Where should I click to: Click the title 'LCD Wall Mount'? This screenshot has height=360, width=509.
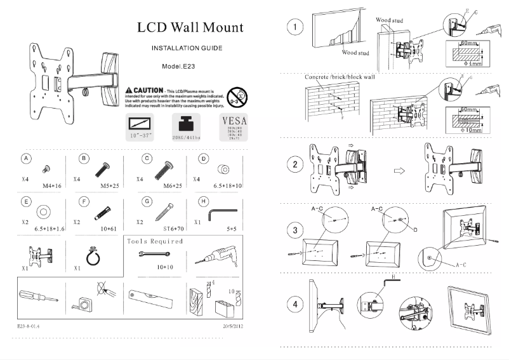point(190,29)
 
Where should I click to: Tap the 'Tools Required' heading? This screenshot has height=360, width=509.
point(155,241)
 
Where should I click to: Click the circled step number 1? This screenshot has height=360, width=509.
point(294,28)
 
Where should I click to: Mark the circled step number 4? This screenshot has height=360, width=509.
point(294,304)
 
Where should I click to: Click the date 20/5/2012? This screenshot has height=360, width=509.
point(232,326)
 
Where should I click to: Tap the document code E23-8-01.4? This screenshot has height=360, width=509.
point(29,326)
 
